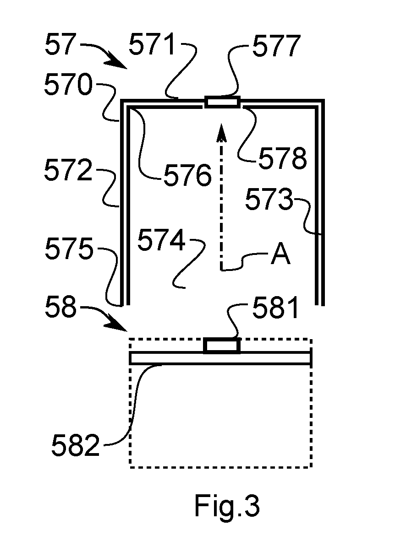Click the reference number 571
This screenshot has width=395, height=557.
click(x=152, y=45)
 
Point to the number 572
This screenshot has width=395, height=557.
click(x=68, y=170)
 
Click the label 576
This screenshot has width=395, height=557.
click(x=187, y=175)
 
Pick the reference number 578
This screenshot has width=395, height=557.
click(x=282, y=158)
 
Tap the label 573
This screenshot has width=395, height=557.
click(x=269, y=199)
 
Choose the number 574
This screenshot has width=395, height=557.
click(x=162, y=240)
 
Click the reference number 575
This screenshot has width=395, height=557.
click(x=69, y=248)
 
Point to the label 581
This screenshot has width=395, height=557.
click(x=275, y=308)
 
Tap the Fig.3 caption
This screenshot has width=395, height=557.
click(x=227, y=506)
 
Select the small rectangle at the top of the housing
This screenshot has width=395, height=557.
click(x=222, y=102)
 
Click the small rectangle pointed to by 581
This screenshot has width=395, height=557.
click(x=222, y=346)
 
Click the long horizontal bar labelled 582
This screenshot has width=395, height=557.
click(x=220, y=358)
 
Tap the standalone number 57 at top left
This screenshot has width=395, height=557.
click(x=60, y=45)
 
